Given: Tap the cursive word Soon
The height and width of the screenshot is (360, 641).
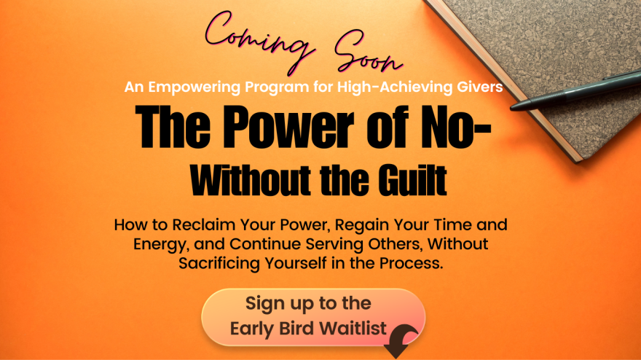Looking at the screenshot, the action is pos(368,52).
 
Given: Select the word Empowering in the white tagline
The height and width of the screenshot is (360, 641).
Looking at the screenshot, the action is pos(194,87).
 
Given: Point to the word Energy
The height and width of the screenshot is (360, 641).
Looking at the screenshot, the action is pos(162,244).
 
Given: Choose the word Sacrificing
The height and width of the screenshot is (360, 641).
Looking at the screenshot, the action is pos(219,263).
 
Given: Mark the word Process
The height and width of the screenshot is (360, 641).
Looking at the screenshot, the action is pos(412,263).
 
